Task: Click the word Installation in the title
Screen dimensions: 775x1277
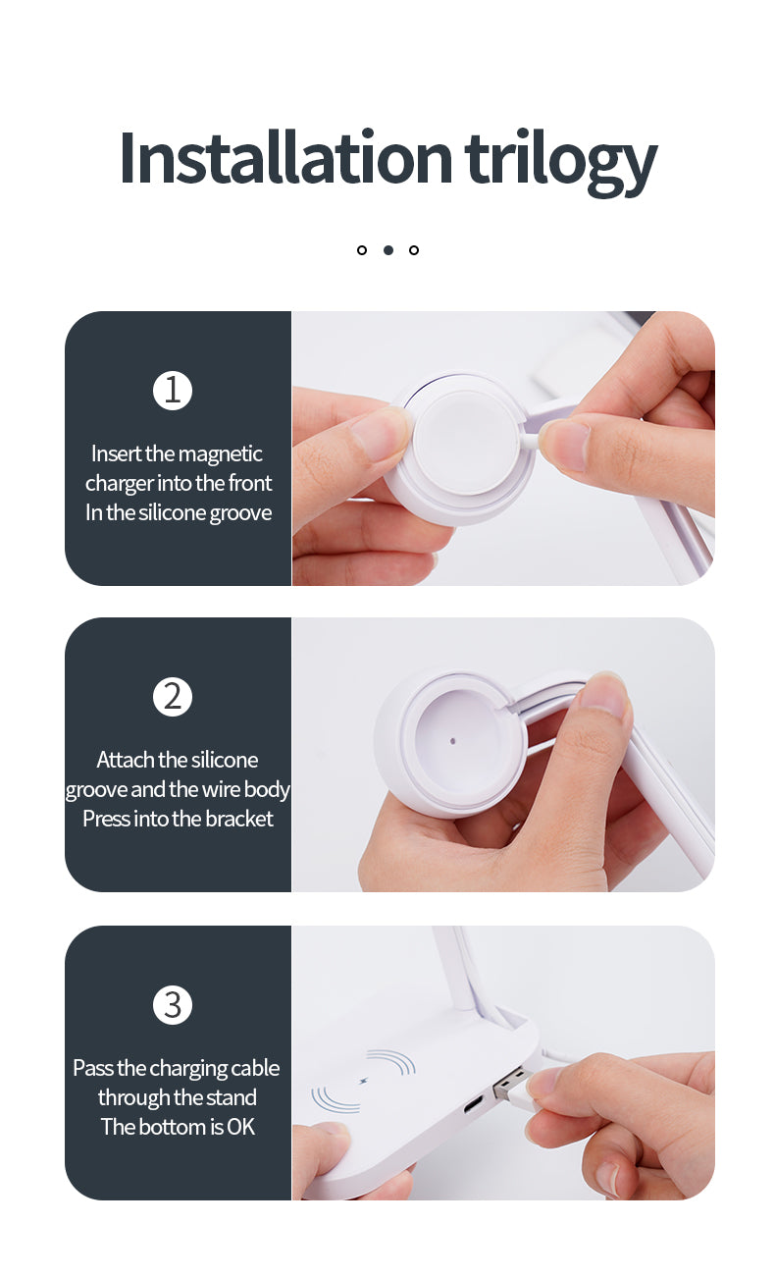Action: [285, 157]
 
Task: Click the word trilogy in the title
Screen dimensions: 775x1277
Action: [561, 163]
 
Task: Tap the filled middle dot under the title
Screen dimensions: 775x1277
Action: [388, 249]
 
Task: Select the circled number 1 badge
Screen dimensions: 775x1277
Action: [172, 391]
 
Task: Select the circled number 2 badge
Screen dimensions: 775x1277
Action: [172, 697]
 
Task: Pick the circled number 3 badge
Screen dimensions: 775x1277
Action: [172, 1004]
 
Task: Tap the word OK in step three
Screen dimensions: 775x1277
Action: [240, 1127]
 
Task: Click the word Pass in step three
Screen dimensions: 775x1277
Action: [93, 1068]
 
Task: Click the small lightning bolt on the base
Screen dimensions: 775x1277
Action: [364, 1081]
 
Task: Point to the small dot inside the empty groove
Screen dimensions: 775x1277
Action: [452, 741]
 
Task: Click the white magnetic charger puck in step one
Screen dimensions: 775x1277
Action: [466, 443]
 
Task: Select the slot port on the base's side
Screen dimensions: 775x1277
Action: [473, 1104]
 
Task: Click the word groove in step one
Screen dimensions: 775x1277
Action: [240, 513]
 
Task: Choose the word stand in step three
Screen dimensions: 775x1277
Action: [231, 1097]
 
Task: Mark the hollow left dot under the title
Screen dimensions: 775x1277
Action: [361, 249]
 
